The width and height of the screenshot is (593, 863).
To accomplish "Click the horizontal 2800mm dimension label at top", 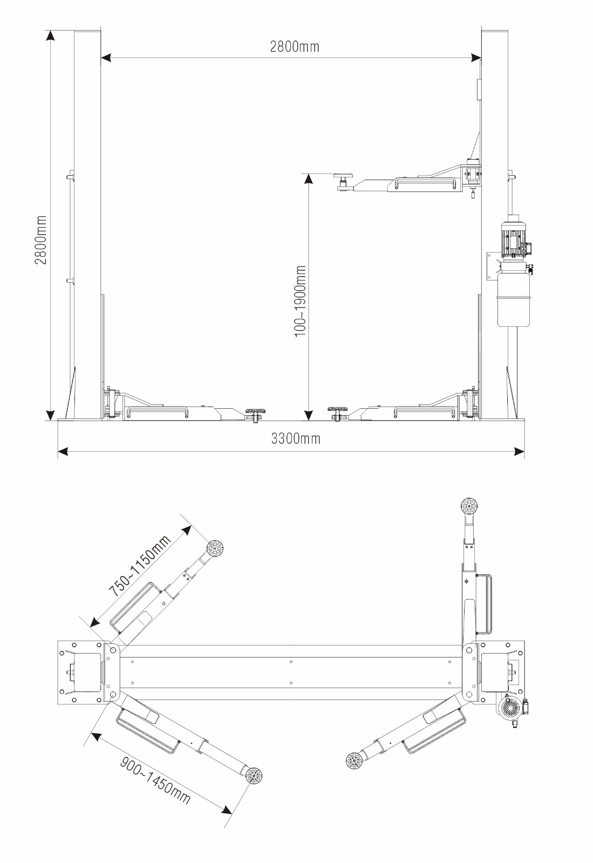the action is (295, 46).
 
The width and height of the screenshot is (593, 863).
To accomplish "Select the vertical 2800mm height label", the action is (40, 239).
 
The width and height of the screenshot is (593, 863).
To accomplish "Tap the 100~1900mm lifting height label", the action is (300, 302).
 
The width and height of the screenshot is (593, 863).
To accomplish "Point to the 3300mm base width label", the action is (296, 439).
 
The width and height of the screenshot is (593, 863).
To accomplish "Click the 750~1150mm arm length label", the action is (140, 566).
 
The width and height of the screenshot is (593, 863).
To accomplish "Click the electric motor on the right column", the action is (515, 238).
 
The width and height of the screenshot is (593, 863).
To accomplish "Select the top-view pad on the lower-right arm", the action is (354, 759).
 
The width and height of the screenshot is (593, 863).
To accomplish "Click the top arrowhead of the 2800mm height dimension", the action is (50, 36).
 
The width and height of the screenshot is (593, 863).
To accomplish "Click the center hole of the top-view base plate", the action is (291, 661).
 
